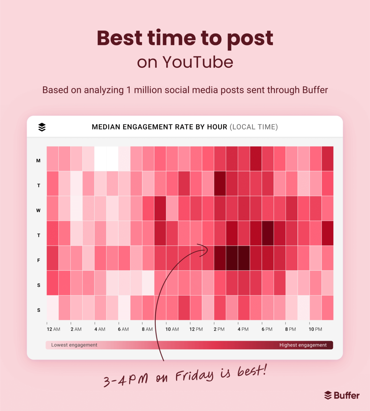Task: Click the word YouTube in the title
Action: (x=198, y=62)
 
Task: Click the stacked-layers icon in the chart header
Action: (x=42, y=127)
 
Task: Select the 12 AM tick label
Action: (x=53, y=329)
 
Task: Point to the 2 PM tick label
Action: (x=219, y=329)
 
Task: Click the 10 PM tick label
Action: (x=315, y=329)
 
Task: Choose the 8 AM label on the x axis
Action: (x=147, y=329)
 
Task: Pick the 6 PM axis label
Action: (x=267, y=329)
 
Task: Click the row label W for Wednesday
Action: (x=38, y=210)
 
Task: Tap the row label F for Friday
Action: (x=39, y=260)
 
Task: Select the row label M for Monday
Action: (x=38, y=160)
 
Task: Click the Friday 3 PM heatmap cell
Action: (x=232, y=258)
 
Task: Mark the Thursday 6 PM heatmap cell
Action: (x=268, y=233)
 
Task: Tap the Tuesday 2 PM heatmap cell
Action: (x=220, y=183)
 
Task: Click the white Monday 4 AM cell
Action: (x=100, y=159)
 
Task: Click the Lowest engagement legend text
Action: (x=74, y=345)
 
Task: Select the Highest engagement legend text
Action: (x=303, y=345)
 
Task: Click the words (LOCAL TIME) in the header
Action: (x=253, y=127)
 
